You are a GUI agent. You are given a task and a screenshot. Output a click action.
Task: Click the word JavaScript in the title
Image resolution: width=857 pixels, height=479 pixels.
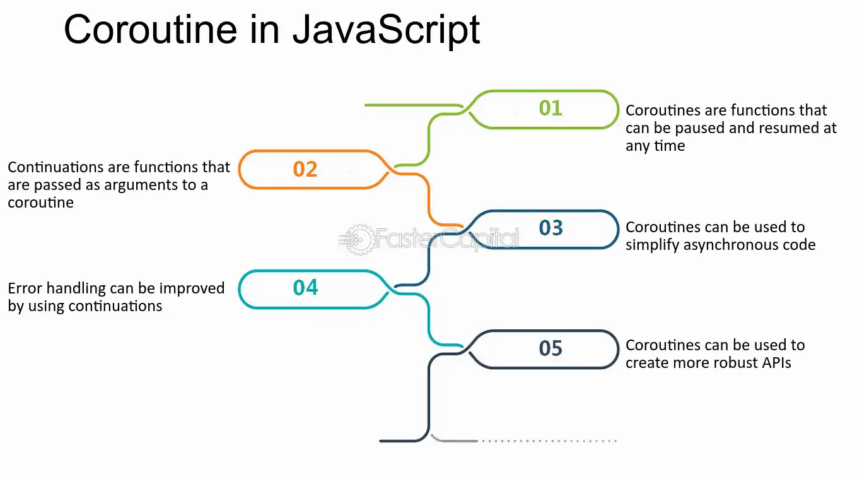pos(387,31)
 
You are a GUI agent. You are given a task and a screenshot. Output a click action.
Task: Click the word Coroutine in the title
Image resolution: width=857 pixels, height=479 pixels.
pos(150,30)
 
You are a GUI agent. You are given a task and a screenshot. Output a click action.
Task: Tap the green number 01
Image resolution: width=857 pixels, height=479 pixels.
pos(551,108)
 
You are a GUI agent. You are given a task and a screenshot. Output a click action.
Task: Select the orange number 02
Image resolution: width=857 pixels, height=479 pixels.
pos(305,169)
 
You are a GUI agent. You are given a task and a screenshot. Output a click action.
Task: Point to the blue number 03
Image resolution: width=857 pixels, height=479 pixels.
pos(551,228)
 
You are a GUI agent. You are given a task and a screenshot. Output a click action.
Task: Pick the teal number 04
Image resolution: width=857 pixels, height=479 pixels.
pos(305,288)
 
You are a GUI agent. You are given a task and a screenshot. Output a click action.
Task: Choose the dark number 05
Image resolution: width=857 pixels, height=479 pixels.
pos(551,348)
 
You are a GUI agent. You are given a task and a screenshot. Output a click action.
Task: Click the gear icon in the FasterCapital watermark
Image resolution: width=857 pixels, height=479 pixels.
pos(359,240)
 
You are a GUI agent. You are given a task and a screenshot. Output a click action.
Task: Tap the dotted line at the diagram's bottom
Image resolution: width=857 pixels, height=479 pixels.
pos(549,441)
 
